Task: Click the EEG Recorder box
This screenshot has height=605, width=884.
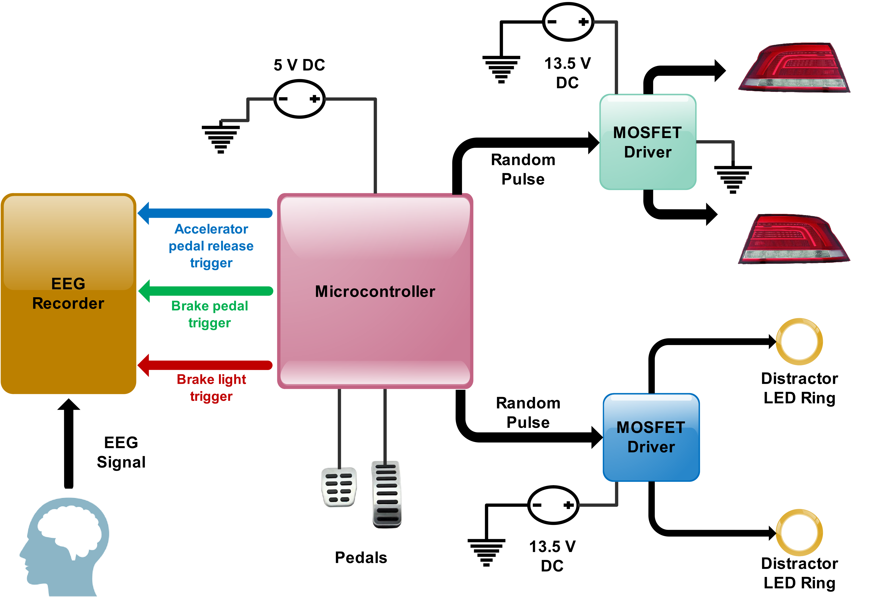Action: click(68, 293)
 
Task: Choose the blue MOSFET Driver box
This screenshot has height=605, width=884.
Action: click(651, 437)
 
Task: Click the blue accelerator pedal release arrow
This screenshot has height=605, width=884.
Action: click(205, 213)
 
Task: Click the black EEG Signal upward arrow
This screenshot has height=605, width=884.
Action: click(68, 443)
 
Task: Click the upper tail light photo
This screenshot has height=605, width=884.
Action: click(794, 66)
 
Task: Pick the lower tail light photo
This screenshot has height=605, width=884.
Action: click(794, 237)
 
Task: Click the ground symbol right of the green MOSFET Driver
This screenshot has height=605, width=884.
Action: click(733, 179)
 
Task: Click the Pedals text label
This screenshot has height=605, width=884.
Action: click(361, 558)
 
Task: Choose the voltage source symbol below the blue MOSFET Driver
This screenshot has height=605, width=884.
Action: click(553, 505)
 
